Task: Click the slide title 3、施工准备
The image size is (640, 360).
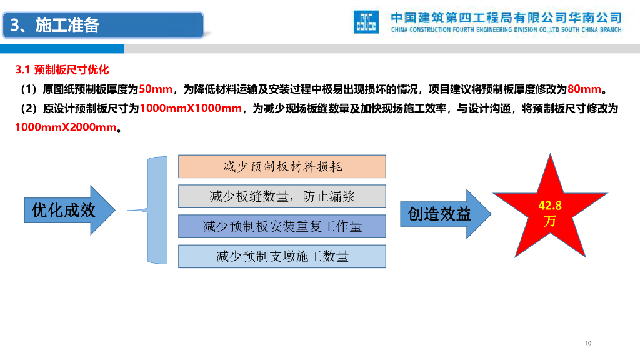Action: pos(55,25)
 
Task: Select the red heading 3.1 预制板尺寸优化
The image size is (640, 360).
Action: pos(62,70)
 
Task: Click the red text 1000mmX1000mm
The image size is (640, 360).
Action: pos(191,109)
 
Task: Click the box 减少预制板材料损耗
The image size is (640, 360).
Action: pos(282,166)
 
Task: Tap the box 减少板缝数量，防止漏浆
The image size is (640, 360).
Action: pos(282,196)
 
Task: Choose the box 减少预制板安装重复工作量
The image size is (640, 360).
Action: pos(282,226)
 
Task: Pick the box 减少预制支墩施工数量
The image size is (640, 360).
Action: pos(282,256)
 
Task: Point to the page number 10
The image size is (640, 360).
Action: pos(587,343)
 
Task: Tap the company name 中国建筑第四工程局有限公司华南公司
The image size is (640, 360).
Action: pos(506,17)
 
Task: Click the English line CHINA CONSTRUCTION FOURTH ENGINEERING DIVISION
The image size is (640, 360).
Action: pos(506,29)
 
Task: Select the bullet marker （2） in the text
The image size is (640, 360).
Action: pos(29,109)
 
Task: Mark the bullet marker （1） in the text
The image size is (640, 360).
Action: pos(29,89)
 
